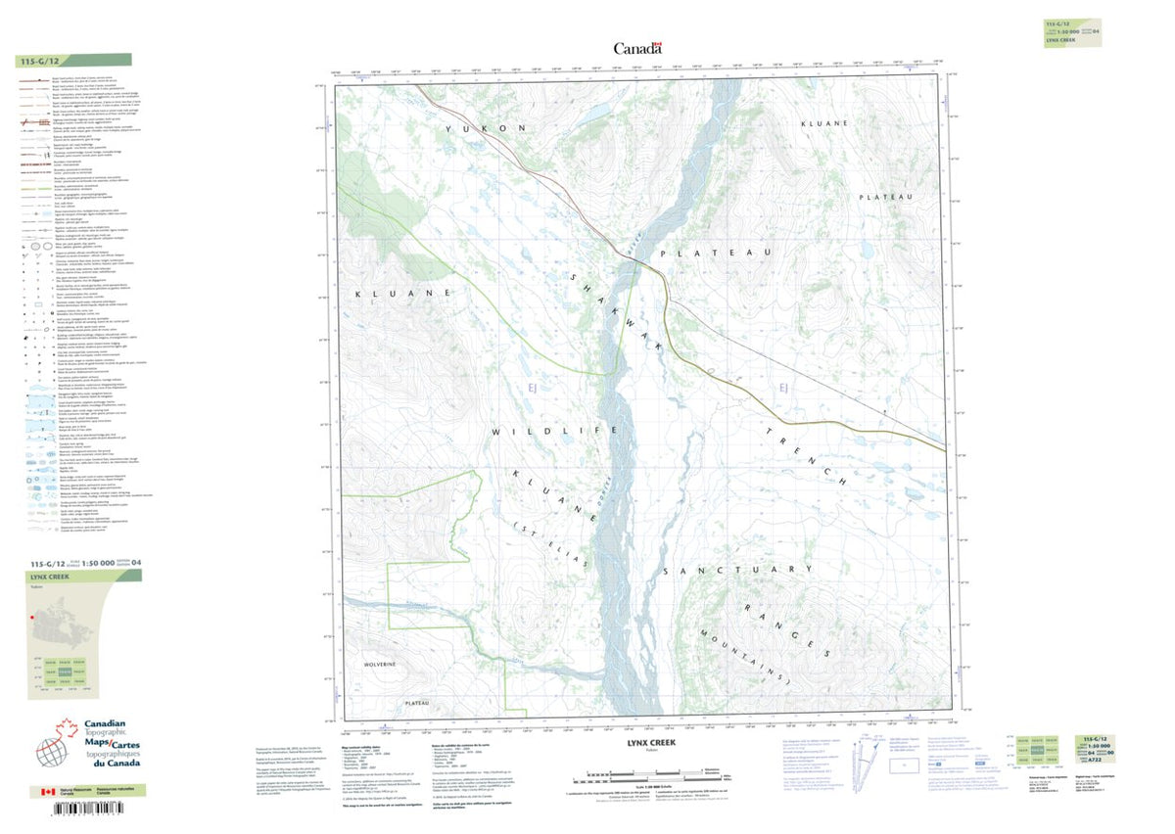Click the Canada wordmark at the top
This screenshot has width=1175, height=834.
click(637, 48)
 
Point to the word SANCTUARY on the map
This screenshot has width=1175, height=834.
click(737, 570)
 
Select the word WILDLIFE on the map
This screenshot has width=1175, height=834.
click(555, 432)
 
